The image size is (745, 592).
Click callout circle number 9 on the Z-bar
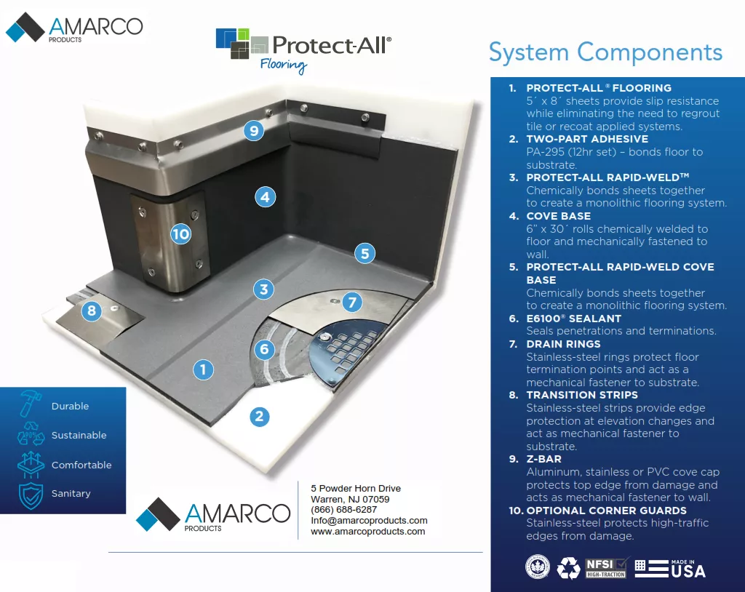pyautogui.click(x=254, y=131)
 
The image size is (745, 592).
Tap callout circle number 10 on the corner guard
pyautogui.click(x=180, y=234)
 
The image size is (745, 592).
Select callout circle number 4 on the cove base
pyautogui.click(x=265, y=196)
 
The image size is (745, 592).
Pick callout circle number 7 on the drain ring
pyautogui.click(x=352, y=302)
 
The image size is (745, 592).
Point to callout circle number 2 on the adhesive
pyautogui.click(x=259, y=417)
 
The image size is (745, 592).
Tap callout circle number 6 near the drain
pyautogui.click(x=265, y=349)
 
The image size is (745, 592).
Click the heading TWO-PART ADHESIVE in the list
pyautogui.click(x=587, y=139)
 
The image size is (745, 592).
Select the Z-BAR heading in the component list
pyautogui.click(x=545, y=459)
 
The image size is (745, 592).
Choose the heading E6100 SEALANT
pyautogui.click(x=574, y=319)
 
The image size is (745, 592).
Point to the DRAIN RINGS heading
pyautogui.click(x=563, y=344)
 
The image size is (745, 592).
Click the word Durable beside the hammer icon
pyautogui.click(x=70, y=406)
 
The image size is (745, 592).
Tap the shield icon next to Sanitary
pyautogui.click(x=31, y=495)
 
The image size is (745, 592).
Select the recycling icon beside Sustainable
pyautogui.click(x=31, y=436)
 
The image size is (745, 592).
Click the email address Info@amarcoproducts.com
pyautogui.click(x=369, y=521)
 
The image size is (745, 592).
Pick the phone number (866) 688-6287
pyautogui.click(x=344, y=510)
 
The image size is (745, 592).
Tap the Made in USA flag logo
pyautogui.click(x=670, y=567)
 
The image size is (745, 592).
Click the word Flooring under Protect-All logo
pyautogui.click(x=284, y=65)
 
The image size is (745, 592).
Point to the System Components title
pyautogui.click(x=605, y=52)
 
